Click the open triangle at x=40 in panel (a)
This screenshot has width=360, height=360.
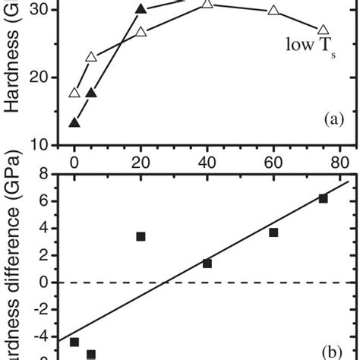(207, 5)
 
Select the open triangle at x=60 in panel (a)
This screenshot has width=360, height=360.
(273, 11)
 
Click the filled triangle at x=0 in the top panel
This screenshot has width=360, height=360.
(74, 122)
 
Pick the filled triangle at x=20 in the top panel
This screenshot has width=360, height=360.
(141, 9)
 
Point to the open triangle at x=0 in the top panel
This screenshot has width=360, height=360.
(74, 93)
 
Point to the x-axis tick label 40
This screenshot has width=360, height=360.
(207, 161)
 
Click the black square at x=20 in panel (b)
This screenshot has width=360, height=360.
(141, 237)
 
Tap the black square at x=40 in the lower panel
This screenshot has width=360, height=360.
(207, 264)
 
